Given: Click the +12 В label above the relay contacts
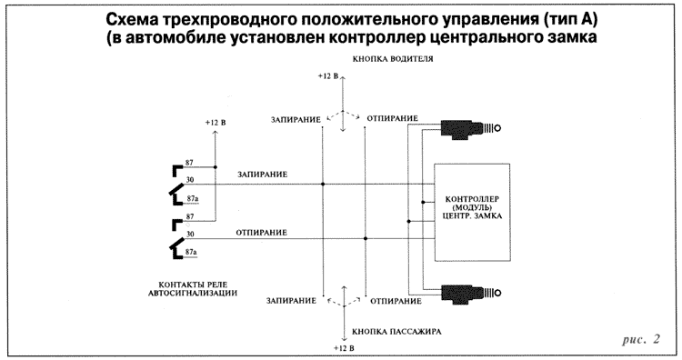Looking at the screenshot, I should click(x=216, y=122).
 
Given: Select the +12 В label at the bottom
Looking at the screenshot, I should click(x=344, y=348).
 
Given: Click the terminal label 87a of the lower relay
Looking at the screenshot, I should click(x=191, y=251).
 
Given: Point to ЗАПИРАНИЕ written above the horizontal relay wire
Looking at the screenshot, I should click(x=264, y=175).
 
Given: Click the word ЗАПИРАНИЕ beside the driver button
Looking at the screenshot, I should click(x=296, y=119).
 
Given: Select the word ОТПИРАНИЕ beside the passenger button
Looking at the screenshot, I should click(x=393, y=300).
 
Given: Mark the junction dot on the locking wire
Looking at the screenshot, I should click(x=324, y=185).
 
